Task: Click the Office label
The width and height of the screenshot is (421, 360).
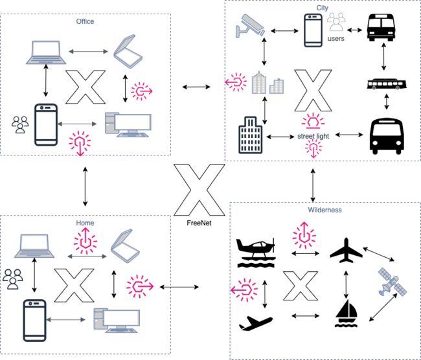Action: click(x=85, y=21)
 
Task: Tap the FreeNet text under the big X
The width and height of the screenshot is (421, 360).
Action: click(x=199, y=223)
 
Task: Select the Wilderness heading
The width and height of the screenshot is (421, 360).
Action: click(x=324, y=210)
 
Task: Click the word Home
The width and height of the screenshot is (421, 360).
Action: click(x=85, y=223)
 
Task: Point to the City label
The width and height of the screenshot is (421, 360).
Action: click(x=322, y=8)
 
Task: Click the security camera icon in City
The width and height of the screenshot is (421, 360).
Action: click(x=250, y=25)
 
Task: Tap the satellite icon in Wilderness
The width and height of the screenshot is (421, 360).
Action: click(x=393, y=282)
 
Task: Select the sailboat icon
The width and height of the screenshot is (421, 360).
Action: click(x=346, y=313)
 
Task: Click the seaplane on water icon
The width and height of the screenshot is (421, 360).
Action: click(x=256, y=253)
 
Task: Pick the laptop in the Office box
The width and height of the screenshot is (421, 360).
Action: click(x=46, y=52)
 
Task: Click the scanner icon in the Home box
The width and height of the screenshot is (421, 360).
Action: click(x=126, y=246)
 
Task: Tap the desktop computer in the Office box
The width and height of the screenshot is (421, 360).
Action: click(x=128, y=125)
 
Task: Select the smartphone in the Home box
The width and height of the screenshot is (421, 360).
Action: click(x=34, y=321)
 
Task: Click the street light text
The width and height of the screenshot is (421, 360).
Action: click(x=313, y=136)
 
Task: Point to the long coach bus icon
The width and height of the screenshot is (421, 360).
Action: click(x=387, y=84)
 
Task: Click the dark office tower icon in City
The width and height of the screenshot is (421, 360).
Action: click(x=251, y=135)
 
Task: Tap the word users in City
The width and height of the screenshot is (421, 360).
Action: click(x=336, y=39)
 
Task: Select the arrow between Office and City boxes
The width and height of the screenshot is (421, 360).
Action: click(x=196, y=87)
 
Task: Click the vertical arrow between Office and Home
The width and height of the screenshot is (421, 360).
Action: click(x=85, y=186)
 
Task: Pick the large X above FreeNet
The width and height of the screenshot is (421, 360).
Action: click(x=199, y=190)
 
